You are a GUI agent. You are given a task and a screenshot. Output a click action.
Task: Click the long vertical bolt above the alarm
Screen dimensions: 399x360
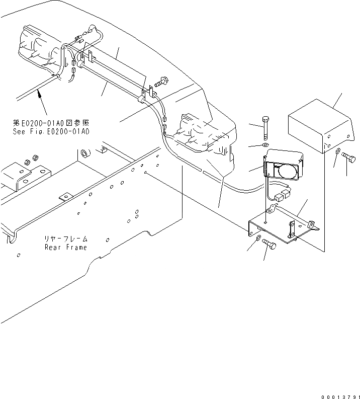[265, 129]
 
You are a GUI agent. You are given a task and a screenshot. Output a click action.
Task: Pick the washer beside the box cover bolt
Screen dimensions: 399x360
[338, 151]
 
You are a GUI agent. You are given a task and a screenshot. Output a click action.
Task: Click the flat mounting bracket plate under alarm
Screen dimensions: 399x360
[282, 226]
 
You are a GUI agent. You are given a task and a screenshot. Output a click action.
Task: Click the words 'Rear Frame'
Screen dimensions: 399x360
[65, 247]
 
